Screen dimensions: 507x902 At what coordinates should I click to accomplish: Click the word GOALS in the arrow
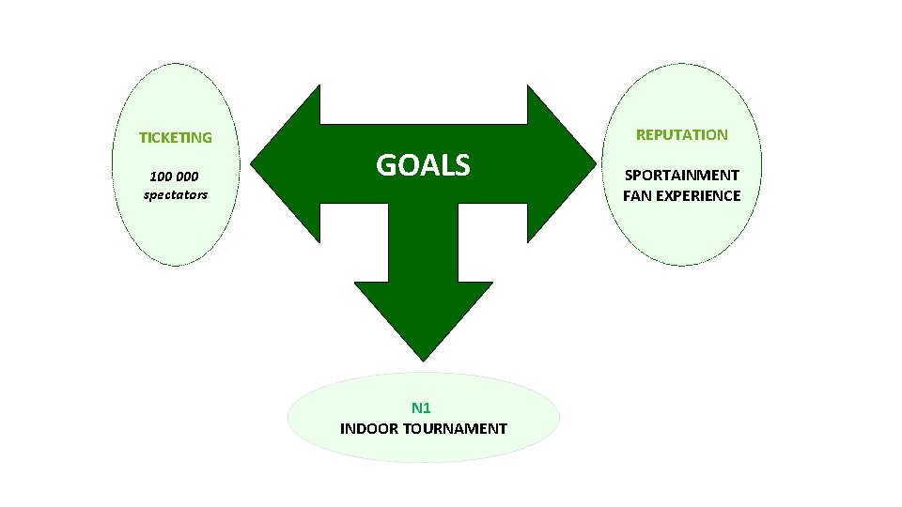423,165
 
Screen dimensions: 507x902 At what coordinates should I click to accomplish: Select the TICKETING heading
176,137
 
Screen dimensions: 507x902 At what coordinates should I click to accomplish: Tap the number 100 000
175,177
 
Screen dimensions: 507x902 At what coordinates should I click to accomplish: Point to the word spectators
176,195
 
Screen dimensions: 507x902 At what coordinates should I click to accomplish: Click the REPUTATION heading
681,134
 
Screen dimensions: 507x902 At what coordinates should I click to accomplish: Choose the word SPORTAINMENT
681,176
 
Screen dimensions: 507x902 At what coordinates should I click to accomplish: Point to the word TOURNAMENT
455,429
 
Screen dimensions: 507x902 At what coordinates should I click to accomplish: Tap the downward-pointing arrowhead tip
424,358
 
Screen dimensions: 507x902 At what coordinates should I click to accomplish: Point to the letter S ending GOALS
460,165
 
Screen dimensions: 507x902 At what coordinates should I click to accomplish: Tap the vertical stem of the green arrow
424,244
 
